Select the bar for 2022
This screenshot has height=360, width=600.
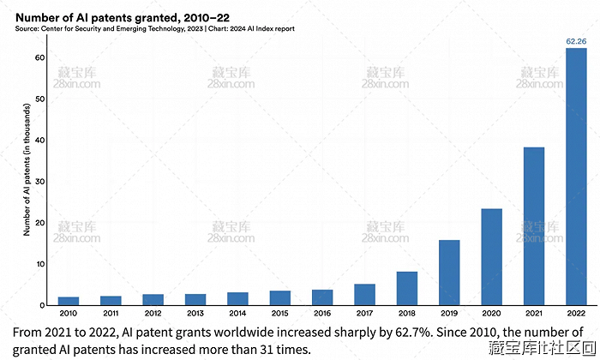576,177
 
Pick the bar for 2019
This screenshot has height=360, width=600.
449,273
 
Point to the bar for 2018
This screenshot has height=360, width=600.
407,288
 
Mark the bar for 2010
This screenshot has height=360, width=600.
69,301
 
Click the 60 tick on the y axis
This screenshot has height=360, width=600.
39,57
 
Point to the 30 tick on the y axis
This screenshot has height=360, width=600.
39,182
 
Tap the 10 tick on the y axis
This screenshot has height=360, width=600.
39,264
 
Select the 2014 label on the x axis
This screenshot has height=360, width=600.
237,314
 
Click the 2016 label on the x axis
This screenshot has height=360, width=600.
322,314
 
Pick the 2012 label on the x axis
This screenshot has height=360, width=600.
153,314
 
